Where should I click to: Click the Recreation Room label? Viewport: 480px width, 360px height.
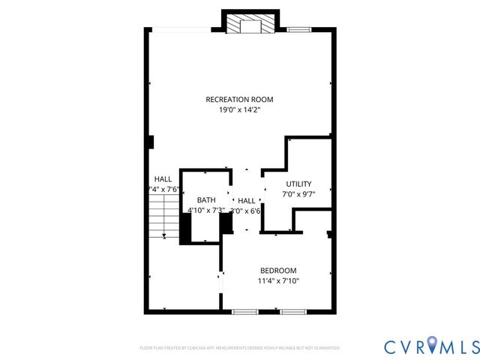tap(239, 99)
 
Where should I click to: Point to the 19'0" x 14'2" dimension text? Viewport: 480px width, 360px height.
tap(239, 109)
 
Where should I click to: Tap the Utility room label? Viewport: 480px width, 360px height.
tap(298, 184)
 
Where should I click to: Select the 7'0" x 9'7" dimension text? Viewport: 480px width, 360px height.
tap(298, 194)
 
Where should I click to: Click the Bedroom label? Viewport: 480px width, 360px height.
tap(278, 271)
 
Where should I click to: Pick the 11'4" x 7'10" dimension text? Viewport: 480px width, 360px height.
tap(278, 281)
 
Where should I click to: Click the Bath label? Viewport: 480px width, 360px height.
tap(206, 200)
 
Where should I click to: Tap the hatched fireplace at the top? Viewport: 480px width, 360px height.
tap(250, 25)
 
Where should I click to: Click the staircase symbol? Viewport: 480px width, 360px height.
tap(161, 217)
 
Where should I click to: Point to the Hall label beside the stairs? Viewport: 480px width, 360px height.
tap(163, 179)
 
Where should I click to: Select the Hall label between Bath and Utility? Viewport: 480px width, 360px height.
tap(246, 201)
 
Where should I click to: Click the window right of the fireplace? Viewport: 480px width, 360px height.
tap(299, 29)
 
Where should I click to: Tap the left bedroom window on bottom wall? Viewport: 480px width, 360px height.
tap(244, 311)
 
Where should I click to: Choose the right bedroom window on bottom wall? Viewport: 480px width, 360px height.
tap(294, 311)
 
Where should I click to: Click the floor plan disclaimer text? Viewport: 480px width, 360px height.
tap(240, 348)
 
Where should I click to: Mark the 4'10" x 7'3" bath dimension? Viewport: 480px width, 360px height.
tap(206, 211)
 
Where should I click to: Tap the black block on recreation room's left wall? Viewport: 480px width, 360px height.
tap(151, 142)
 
